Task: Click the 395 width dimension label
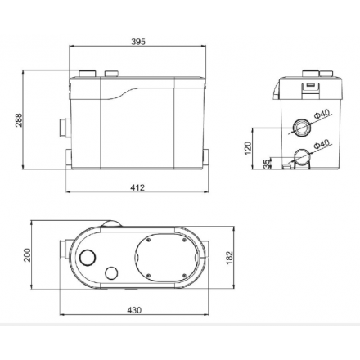(x=138, y=42)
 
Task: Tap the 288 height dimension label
(x=19, y=120)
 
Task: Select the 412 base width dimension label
(x=137, y=187)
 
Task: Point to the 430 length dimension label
(x=134, y=310)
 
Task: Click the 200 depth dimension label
(x=27, y=255)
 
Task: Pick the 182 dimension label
(x=229, y=258)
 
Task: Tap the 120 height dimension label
(x=248, y=148)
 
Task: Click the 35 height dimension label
(x=268, y=164)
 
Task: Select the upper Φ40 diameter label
(x=322, y=114)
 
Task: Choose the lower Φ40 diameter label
(x=322, y=144)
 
